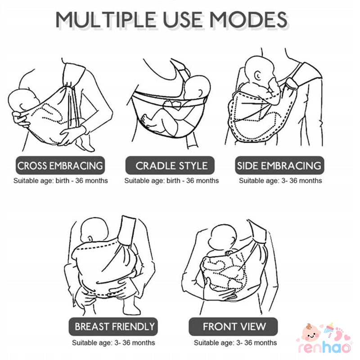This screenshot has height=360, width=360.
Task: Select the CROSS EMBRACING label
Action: coord(60,166)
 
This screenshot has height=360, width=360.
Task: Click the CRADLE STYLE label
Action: coord(170,166)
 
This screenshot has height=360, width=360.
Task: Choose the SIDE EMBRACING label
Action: coord(279,166)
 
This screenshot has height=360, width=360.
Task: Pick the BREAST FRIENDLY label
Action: coord(113,327)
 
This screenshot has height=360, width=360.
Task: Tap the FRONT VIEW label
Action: coord(233,327)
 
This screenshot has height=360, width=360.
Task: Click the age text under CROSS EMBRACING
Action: coord(61,181)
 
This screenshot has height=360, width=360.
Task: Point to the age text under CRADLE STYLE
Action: coord(171,181)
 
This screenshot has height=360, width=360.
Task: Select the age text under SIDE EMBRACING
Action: coord(280,181)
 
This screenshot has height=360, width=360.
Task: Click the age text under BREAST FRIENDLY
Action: coord(113,343)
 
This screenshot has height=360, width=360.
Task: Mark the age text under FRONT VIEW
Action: coord(235,343)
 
